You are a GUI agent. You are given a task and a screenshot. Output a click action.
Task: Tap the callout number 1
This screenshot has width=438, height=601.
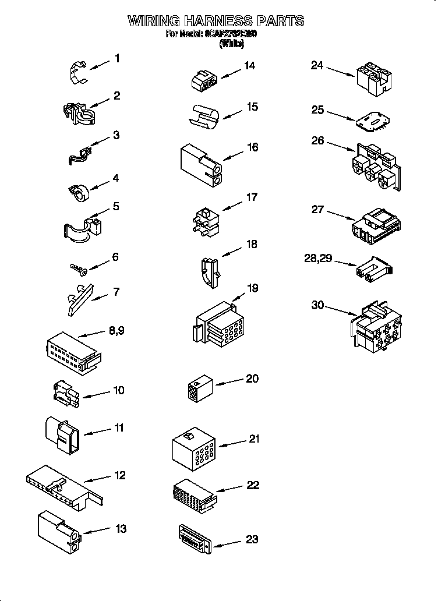[117, 58]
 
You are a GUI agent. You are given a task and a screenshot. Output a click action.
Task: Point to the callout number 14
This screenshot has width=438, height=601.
[249, 66]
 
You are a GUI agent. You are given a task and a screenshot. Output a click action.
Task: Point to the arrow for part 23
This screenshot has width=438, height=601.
[228, 543]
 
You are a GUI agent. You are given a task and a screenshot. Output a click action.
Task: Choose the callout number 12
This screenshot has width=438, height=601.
[119, 476]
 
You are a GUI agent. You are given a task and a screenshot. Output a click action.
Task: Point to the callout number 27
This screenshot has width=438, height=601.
[317, 209]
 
